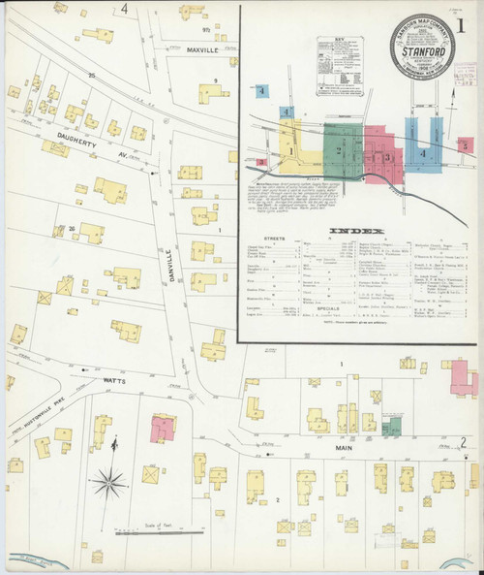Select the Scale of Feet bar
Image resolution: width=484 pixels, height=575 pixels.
(x=168, y=531)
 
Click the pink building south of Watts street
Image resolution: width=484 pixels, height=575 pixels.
(x=162, y=428)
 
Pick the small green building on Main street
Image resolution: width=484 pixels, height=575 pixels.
(x=391, y=428)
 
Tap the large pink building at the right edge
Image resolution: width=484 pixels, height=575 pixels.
(x=463, y=378)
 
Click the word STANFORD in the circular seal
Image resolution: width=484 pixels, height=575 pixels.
(x=422, y=42)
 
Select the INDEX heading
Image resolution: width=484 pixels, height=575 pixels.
(x=357, y=231)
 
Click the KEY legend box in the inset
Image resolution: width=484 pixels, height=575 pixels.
(x=342, y=68)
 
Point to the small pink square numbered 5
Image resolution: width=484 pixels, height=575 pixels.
(x=466, y=144)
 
